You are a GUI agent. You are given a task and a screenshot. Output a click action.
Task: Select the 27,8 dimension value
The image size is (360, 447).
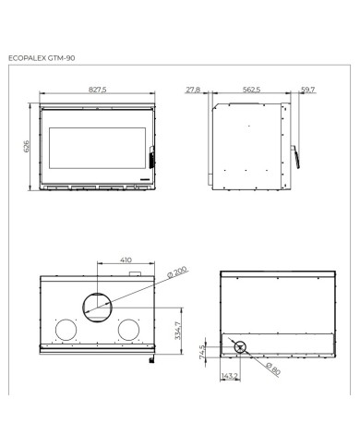[x=192, y=91]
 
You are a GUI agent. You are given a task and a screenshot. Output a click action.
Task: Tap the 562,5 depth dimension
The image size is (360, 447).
[x=248, y=91]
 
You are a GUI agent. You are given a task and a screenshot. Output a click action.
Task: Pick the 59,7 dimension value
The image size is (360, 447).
[x=307, y=91]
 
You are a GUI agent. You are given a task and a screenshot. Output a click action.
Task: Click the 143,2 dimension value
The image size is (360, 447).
[x=231, y=376]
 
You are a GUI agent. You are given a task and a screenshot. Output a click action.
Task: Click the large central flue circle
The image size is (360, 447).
[x=95, y=305]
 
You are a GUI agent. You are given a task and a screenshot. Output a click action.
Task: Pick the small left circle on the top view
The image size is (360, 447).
[x=66, y=331]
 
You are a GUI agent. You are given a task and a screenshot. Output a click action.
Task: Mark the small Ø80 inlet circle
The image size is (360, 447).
[x=240, y=348]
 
